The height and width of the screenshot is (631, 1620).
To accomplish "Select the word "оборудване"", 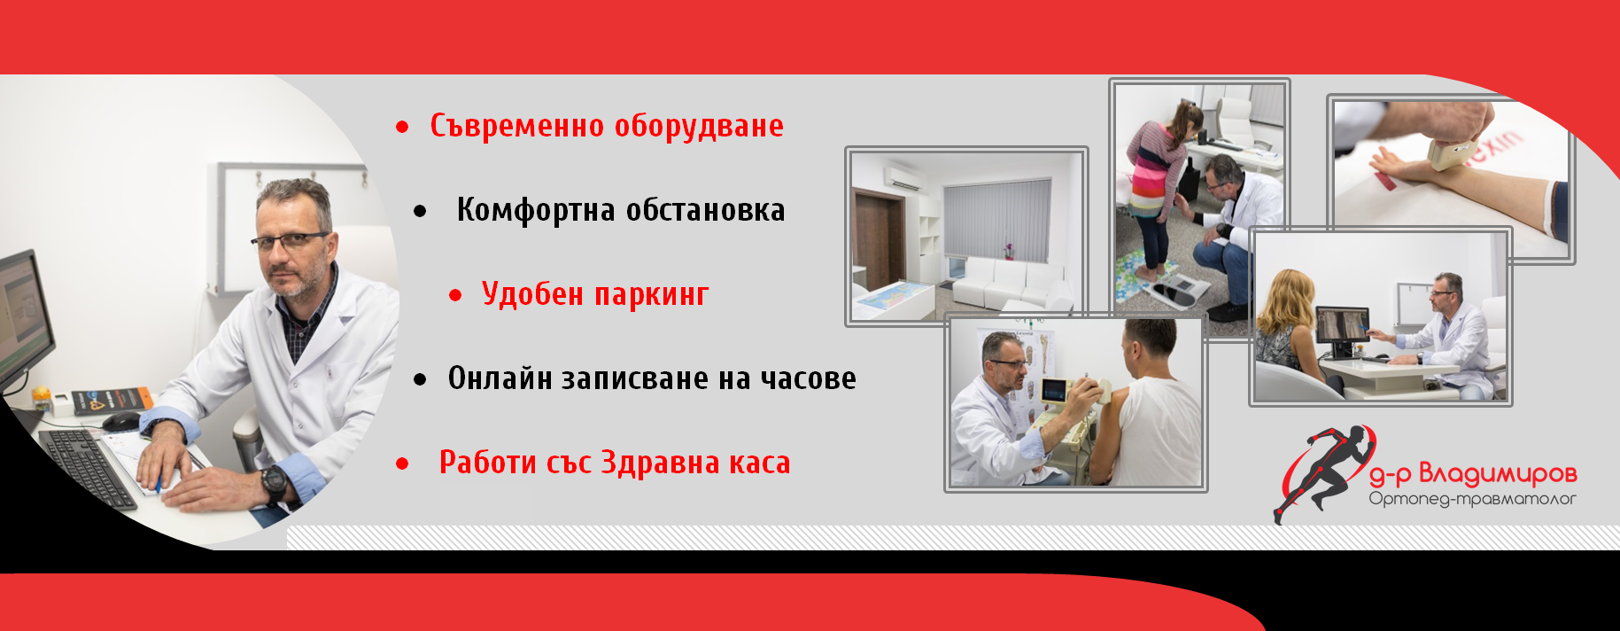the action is pos(699,127).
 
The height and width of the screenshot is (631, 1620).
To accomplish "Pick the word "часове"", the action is pos(808,379).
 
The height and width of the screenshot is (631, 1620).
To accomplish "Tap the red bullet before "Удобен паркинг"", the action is pos(455,295).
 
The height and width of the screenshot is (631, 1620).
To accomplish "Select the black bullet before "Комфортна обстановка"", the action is pos(420,211).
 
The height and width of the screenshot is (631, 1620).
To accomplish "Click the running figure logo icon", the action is pos(1321,472).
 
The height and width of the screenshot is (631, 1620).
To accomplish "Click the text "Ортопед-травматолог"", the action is pos(1472,499).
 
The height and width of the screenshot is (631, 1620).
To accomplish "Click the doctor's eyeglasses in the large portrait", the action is pos(290,239).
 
